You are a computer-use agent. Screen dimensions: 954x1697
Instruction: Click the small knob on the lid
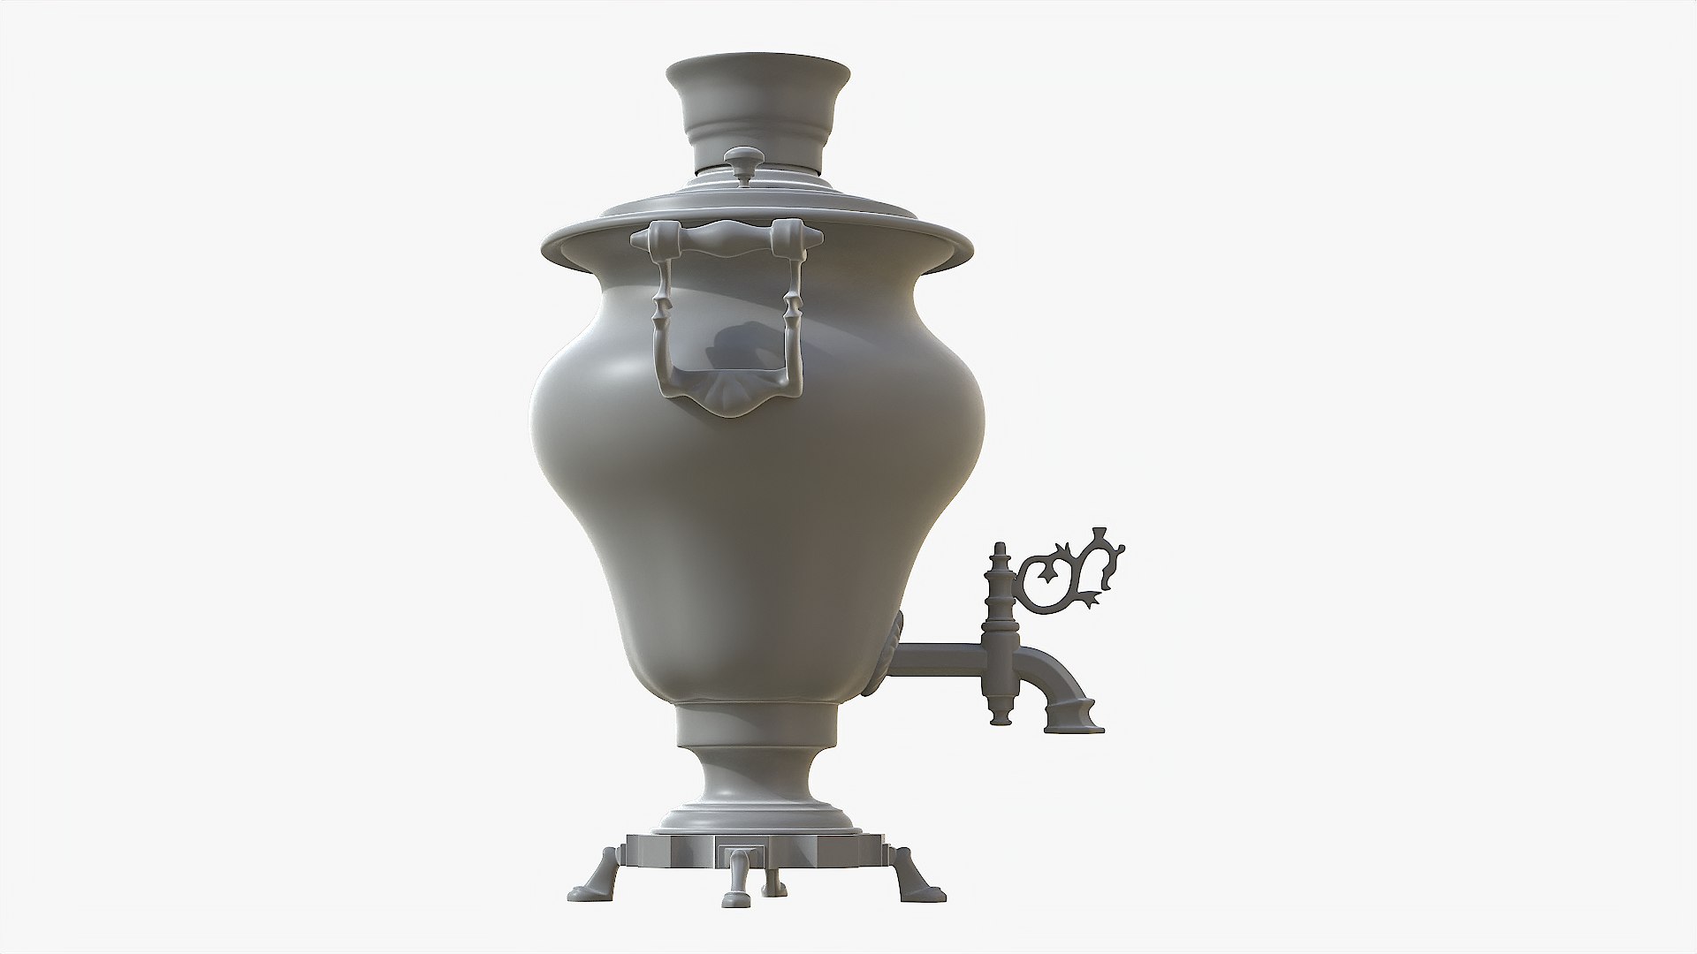[740, 162]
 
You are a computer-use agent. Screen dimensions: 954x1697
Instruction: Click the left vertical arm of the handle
[660, 318]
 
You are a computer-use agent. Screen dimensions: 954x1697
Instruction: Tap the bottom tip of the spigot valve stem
[999, 720]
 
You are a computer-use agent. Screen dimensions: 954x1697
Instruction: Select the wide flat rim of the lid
[583, 238]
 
